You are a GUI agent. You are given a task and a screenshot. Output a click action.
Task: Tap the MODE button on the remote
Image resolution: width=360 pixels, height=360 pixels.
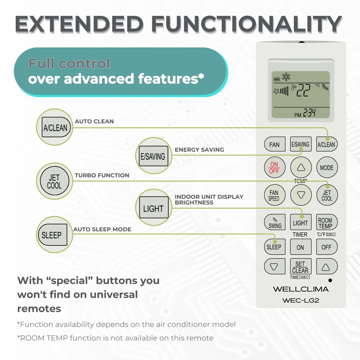327,167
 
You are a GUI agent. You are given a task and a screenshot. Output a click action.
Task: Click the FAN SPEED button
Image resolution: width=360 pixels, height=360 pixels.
274,195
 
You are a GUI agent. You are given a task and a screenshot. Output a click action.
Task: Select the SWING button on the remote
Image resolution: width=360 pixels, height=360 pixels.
274,222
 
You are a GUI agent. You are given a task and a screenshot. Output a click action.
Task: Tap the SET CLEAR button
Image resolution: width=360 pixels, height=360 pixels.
301,266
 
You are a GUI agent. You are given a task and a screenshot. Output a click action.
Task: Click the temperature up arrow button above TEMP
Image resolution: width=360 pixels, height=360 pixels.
301,167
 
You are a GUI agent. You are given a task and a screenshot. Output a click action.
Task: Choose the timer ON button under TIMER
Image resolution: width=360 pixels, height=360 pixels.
301,247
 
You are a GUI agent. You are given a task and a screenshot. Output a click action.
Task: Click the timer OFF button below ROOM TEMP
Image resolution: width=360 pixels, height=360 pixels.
327,247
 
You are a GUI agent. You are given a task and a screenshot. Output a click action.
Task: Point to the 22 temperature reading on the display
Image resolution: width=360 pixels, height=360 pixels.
303,90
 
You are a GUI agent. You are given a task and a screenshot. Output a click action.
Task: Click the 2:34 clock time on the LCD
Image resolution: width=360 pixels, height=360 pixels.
310,113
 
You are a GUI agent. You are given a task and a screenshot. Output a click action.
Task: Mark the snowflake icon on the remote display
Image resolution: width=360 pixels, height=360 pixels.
286,77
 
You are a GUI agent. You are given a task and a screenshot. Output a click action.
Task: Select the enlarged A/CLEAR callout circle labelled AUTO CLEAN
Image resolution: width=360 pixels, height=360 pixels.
54,127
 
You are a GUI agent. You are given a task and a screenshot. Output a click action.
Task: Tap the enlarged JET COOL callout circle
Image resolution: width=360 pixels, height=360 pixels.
54,181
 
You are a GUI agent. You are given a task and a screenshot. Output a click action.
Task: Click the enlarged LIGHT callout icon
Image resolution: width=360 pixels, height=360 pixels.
154,207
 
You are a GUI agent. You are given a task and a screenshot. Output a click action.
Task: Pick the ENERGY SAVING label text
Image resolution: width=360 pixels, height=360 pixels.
199,150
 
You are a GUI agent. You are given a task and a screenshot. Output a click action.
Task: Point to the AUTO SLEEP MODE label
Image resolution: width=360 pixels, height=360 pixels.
102,229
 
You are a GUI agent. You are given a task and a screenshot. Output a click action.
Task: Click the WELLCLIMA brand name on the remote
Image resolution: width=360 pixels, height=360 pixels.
301,289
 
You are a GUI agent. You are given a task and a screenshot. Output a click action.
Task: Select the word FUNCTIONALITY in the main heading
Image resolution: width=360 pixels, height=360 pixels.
246,24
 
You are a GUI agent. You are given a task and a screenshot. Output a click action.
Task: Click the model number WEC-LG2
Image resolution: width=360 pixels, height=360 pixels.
301,300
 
